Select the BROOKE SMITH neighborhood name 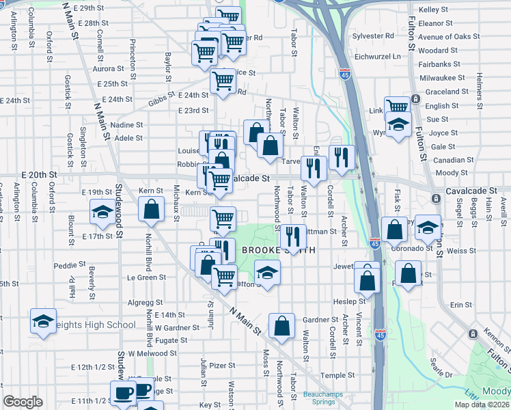coord(279,251)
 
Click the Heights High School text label coord(96,325)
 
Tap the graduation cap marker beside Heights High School coord(43,321)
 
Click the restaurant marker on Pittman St coord(292,237)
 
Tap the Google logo coord(23,402)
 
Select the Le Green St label coord(148,277)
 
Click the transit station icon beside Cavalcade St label coord(436,198)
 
